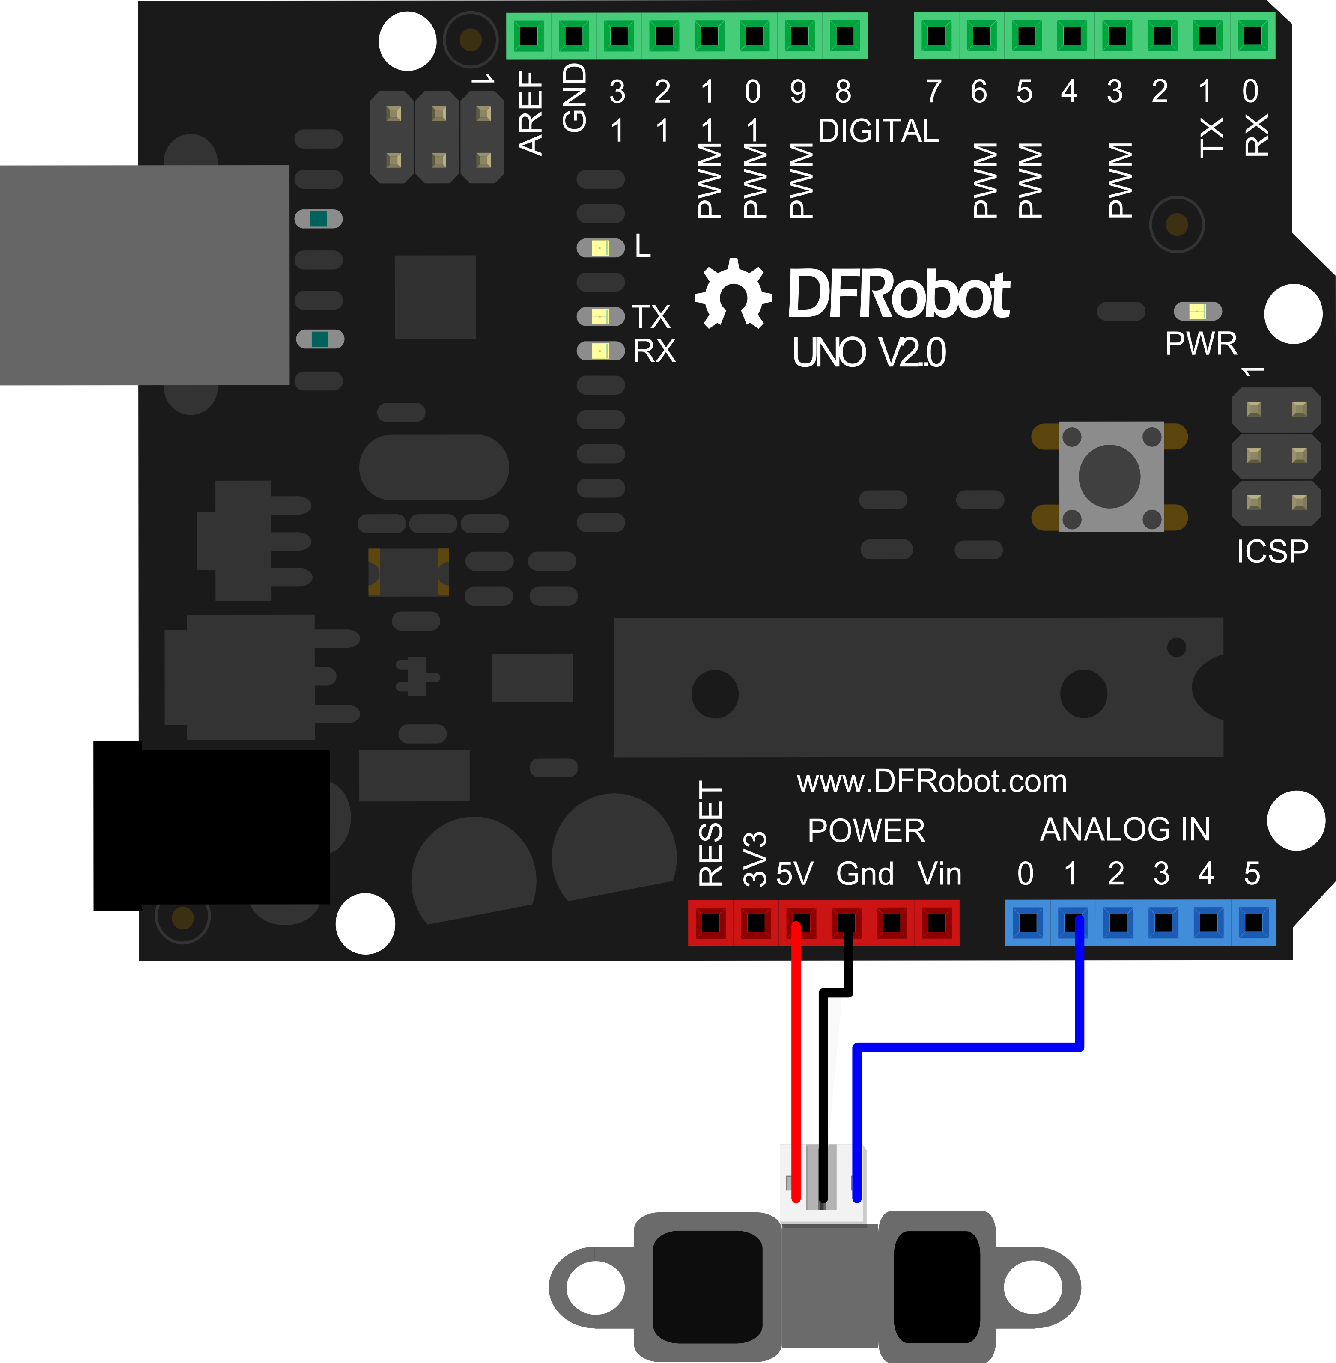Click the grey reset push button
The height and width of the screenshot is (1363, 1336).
[1109, 476]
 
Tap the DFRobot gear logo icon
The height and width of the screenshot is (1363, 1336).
[733, 294]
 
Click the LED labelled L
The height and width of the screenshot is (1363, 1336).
[600, 247]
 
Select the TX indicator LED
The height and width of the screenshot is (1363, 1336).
[600, 316]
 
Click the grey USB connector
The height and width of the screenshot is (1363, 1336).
[144, 275]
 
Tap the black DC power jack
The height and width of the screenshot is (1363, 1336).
[211, 826]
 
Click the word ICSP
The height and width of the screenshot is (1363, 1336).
[1272, 551]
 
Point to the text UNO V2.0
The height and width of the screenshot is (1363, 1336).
[869, 352]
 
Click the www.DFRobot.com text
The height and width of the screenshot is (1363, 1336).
[931, 782]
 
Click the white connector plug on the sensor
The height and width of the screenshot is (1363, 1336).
[823, 1184]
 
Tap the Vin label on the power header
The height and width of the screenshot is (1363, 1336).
[939, 874]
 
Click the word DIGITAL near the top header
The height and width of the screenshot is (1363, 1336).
[878, 131]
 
